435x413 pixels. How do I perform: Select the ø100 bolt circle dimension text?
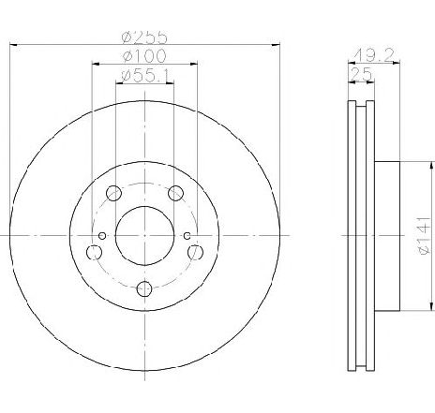(143, 57)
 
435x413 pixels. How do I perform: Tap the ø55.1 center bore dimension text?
(144, 76)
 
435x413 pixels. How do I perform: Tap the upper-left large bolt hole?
(114, 194)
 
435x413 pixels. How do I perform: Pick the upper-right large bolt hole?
(175, 194)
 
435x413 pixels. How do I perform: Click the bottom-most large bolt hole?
(144, 290)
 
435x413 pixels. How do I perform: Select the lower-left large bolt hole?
(94, 253)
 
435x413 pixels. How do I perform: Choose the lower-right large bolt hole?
(195, 253)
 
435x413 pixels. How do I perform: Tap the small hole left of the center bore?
(102, 234)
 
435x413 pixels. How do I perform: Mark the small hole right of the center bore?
(187, 234)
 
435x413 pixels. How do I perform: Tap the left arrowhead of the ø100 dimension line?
(95, 64)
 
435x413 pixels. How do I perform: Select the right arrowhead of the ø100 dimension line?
(194, 64)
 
